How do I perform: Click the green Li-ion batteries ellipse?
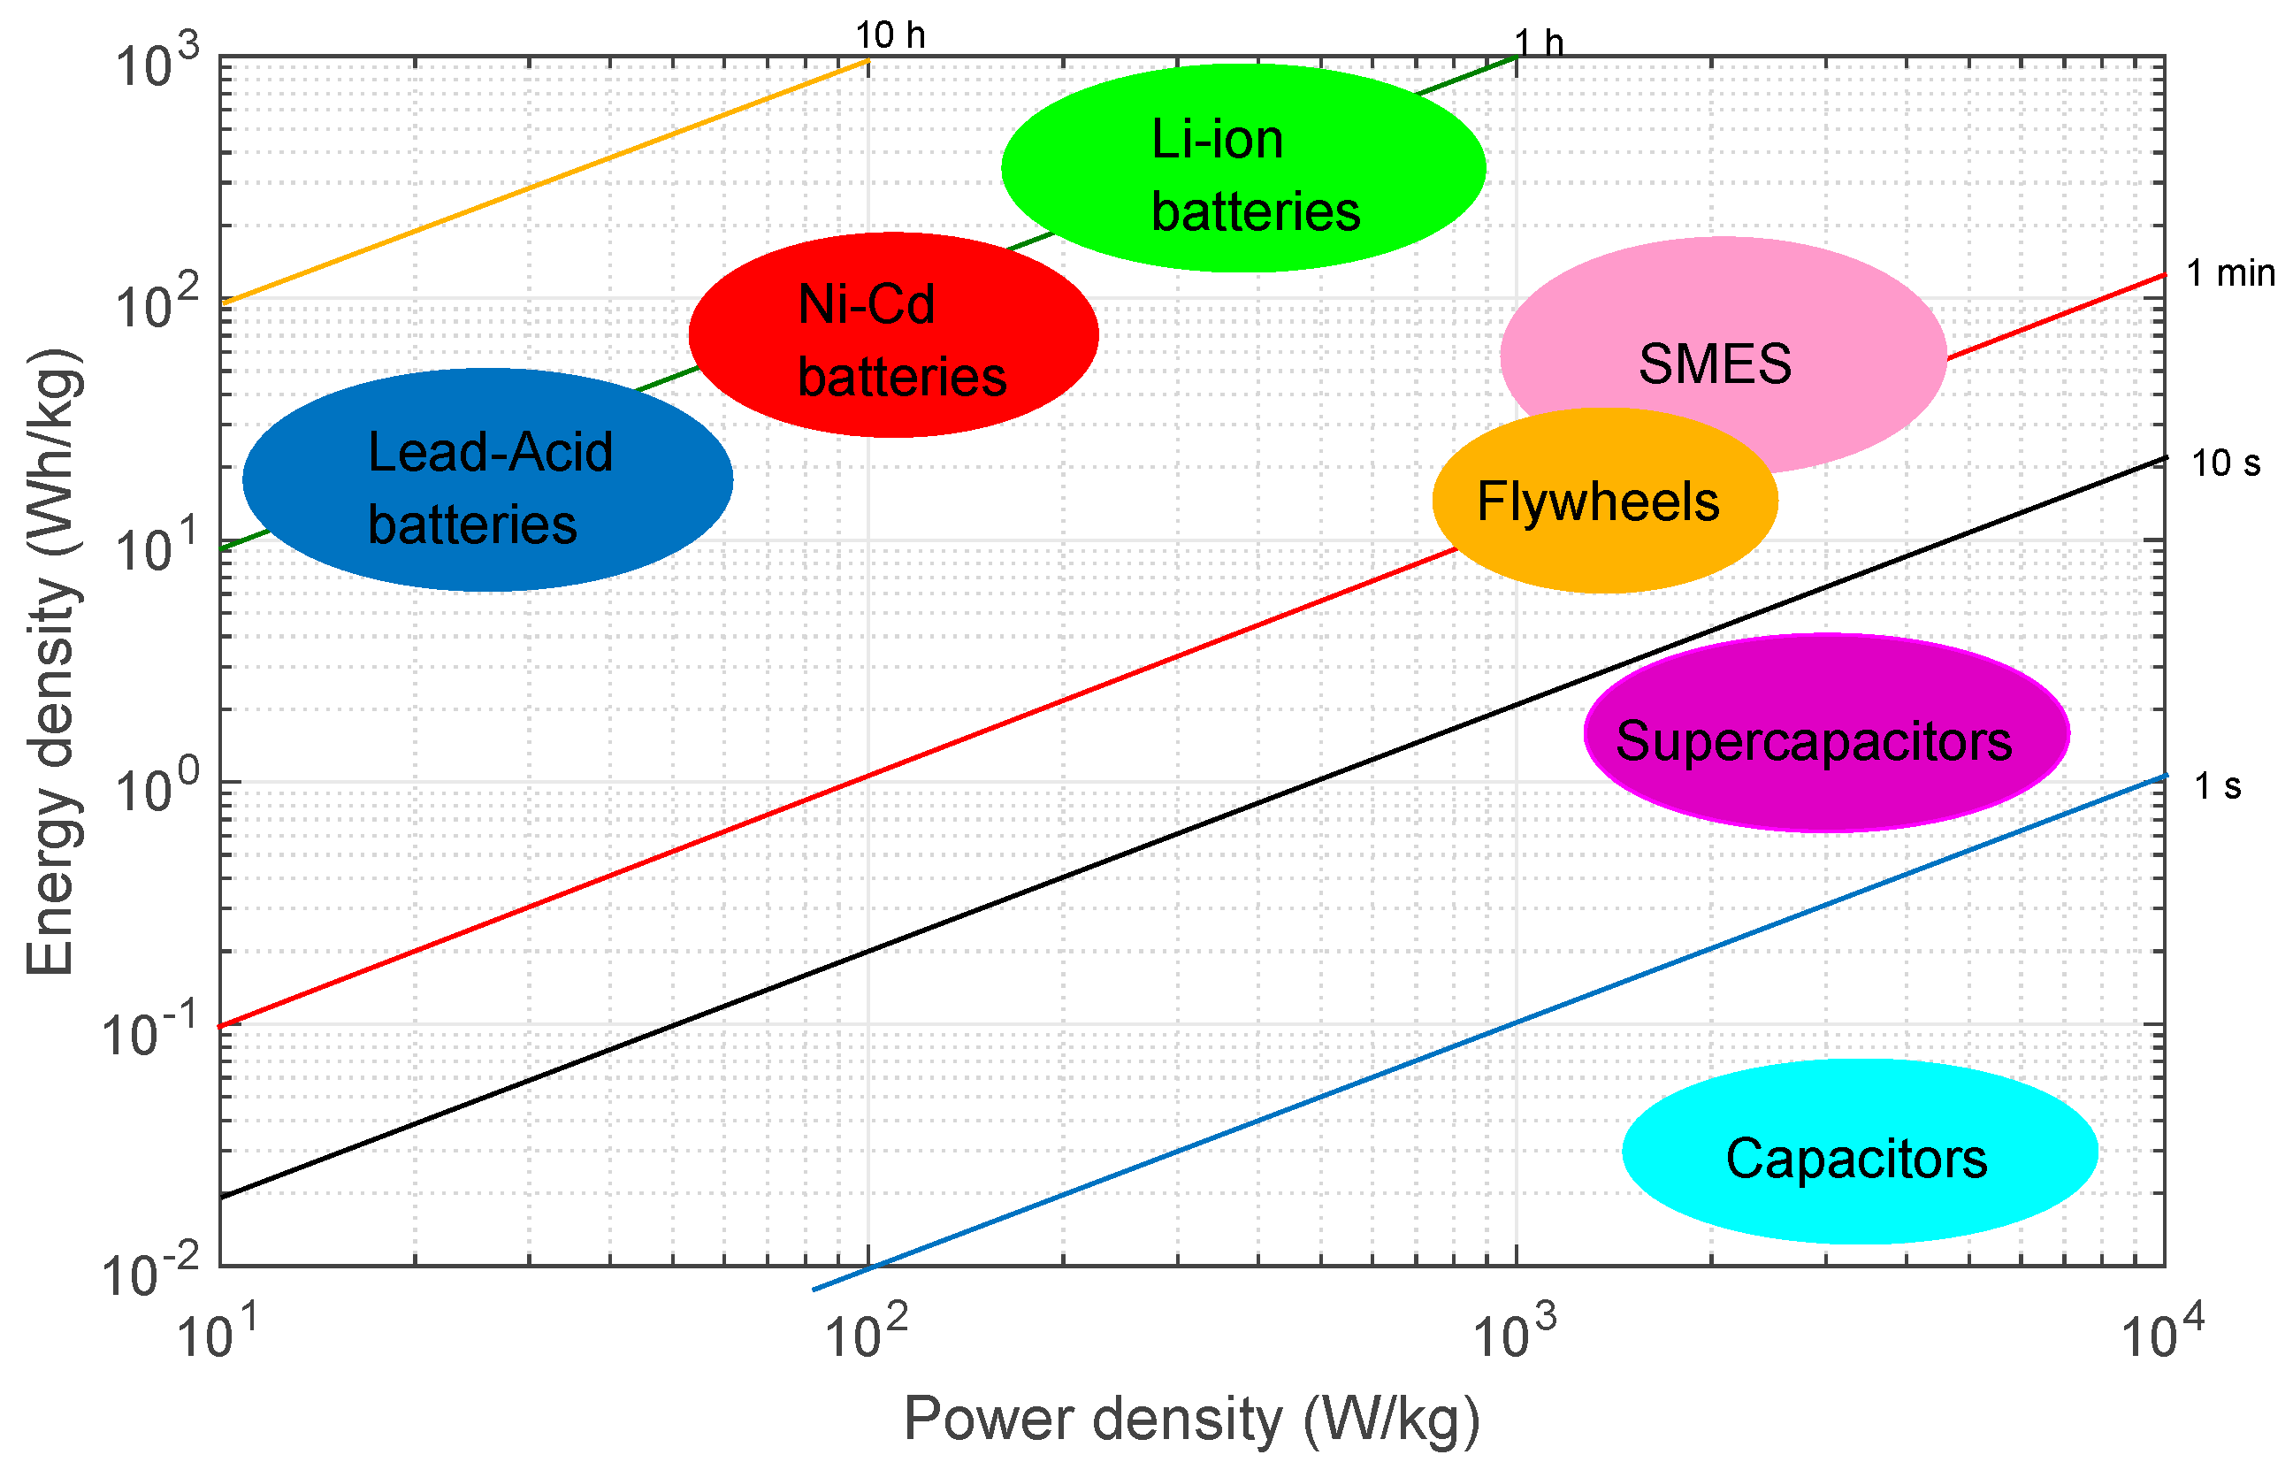[1242, 168]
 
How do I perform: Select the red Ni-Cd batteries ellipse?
[893, 335]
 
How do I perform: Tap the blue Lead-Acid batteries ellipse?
[487, 479]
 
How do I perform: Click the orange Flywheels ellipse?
[1604, 502]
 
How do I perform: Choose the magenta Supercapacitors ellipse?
[1825, 733]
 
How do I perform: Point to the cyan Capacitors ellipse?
[1860, 1152]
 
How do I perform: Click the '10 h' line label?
[890, 36]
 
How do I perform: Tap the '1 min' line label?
[2230, 274]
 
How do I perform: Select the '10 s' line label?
[2225, 464]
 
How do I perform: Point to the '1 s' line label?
[2218, 786]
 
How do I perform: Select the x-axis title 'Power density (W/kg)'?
[1191, 1420]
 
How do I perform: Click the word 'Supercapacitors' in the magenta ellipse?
[1813, 742]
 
